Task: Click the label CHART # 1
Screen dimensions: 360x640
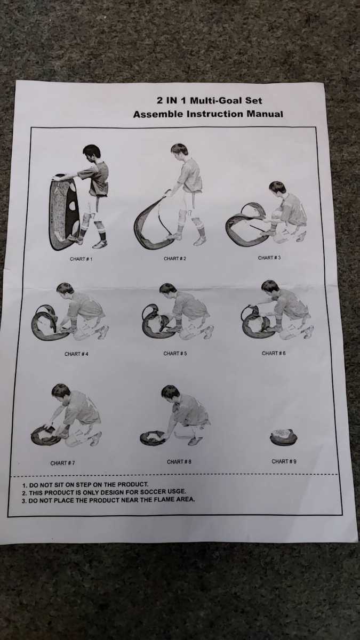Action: point(81,259)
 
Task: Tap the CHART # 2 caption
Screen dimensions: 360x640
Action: point(175,258)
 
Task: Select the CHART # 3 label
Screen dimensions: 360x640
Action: point(269,258)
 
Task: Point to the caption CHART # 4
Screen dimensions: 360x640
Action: point(76,354)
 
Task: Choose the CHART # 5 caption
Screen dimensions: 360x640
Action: point(175,354)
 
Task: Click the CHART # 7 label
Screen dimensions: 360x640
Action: point(62,463)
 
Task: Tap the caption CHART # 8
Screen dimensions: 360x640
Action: point(179,462)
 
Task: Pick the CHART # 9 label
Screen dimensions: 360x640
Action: point(284,461)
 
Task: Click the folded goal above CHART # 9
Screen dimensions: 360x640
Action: point(283,437)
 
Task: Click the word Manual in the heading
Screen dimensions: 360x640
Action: point(265,114)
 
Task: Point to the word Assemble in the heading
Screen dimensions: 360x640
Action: point(158,114)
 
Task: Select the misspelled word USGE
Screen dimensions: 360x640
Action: point(178,491)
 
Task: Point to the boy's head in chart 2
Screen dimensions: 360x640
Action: point(180,150)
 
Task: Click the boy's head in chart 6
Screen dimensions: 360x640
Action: point(270,287)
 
